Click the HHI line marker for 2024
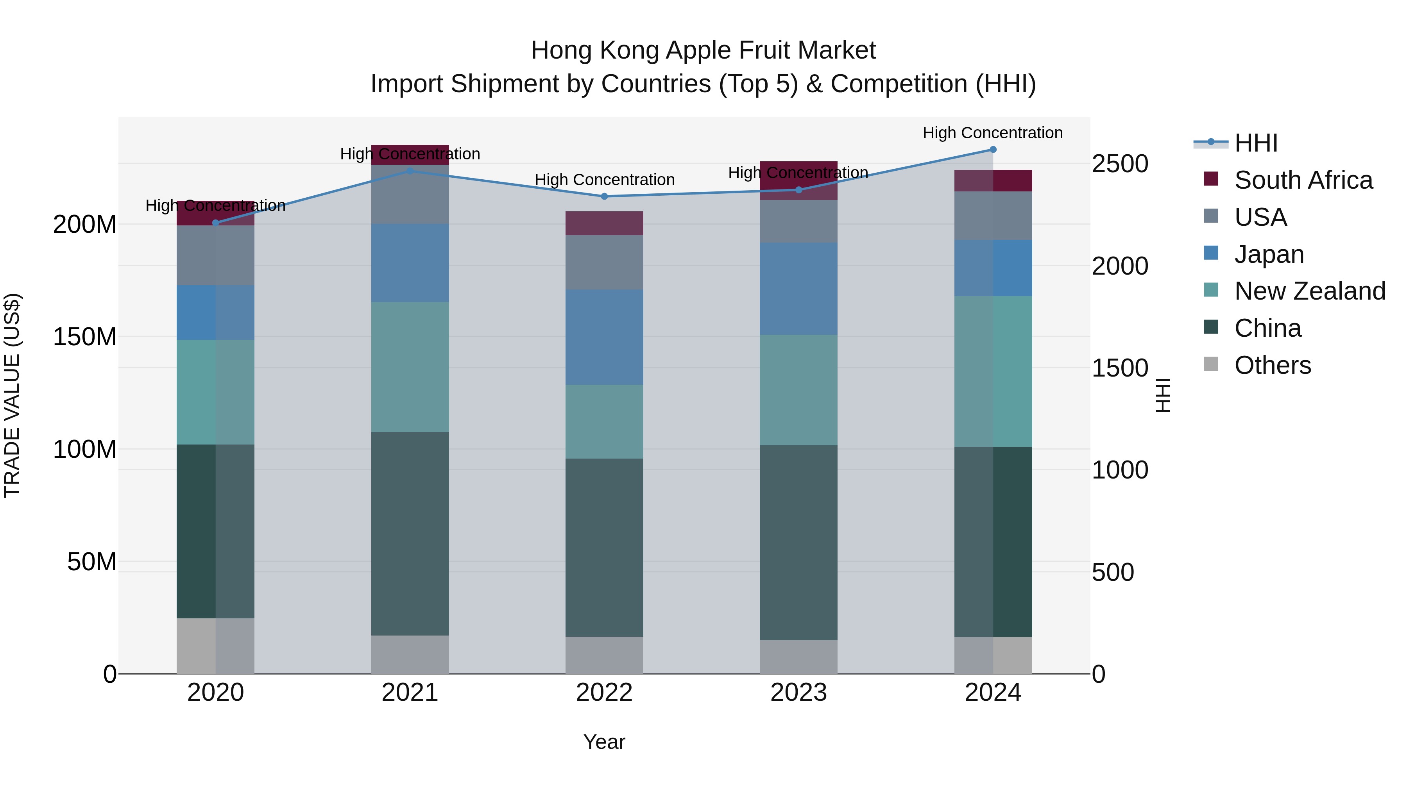tap(993, 150)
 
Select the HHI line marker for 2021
tap(410, 171)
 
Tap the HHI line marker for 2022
tap(604, 196)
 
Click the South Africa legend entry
tap(1303, 180)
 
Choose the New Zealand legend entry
tap(1309, 291)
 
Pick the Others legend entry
tap(1272, 365)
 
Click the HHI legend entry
tap(1255, 143)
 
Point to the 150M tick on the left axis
tap(85, 337)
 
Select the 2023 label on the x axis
tap(798, 693)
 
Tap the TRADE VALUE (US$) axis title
tap(12, 395)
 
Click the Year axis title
tap(604, 742)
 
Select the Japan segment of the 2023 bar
tap(798, 289)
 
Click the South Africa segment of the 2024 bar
tap(993, 181)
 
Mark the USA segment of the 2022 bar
tap(604, 262)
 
